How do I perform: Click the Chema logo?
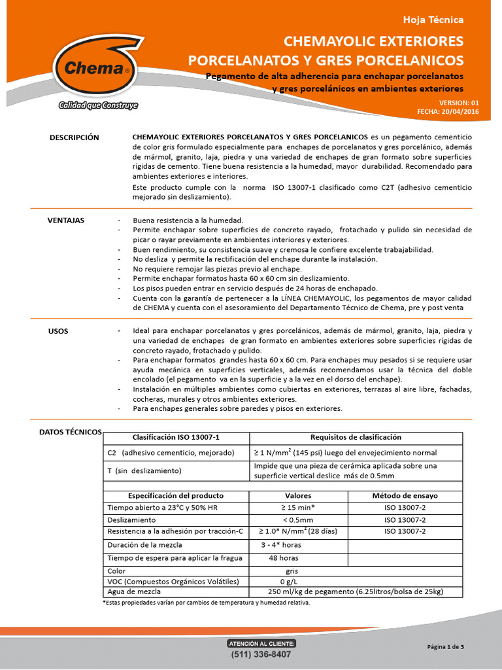pos(91,66)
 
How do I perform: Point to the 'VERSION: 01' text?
pos(459,103)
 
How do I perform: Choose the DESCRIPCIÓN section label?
pos(75,137)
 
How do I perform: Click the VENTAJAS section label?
pos(66,220)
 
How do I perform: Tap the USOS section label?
pos(58,331)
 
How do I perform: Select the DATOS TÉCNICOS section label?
pos(71,432)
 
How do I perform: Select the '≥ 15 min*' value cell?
pos(289,508)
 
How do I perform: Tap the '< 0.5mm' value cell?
pos(289,520)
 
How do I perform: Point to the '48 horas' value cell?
pos(284,558)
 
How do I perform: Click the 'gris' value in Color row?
pos(283,571)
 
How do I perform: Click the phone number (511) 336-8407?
pos(261,654)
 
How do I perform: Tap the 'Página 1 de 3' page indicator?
pos(445,647)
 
